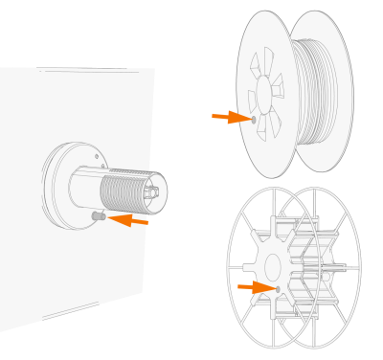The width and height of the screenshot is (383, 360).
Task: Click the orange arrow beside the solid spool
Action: tap(230, 118)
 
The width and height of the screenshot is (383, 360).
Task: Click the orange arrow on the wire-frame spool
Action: tap(255, 286)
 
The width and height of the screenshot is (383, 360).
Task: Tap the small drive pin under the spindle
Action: tap(98, 216)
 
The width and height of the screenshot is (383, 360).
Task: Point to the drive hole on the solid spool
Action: tap(254, 120)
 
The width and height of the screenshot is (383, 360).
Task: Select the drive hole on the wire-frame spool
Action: tap(278, 288)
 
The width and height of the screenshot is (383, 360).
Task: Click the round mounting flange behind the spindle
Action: tap(59, 187)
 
